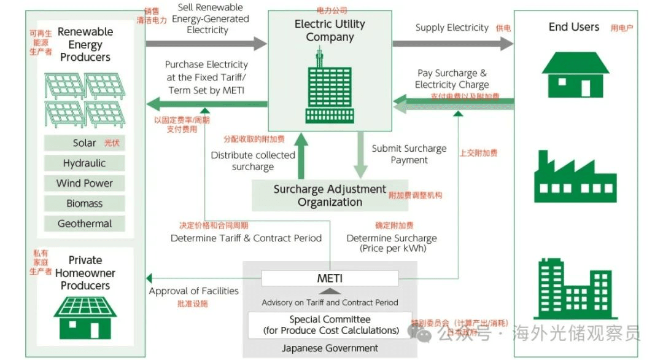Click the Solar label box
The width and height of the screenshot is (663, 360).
click(84, 143)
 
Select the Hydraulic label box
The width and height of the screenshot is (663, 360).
click(84, 163)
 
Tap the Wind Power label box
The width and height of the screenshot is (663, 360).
click(84, 183)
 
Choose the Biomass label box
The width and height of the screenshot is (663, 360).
click(84, 203)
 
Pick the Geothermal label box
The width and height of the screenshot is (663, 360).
click(84, 224)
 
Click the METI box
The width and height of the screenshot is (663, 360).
click(330, 278)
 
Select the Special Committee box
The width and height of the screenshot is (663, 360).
click(330, 325)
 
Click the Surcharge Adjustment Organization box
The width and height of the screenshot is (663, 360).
click(330, 195)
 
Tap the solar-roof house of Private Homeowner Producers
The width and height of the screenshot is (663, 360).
click(85, 317)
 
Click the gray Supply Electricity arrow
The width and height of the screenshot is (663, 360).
click(452, 44)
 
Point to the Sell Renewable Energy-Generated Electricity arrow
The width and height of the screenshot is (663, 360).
click(206, 44)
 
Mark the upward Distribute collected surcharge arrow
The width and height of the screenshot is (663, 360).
click(301, 156)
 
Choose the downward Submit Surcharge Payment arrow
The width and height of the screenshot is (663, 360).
click(360, 156)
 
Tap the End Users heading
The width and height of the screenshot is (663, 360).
click(573, 27)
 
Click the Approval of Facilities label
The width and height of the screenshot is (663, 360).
click(193, 291)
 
